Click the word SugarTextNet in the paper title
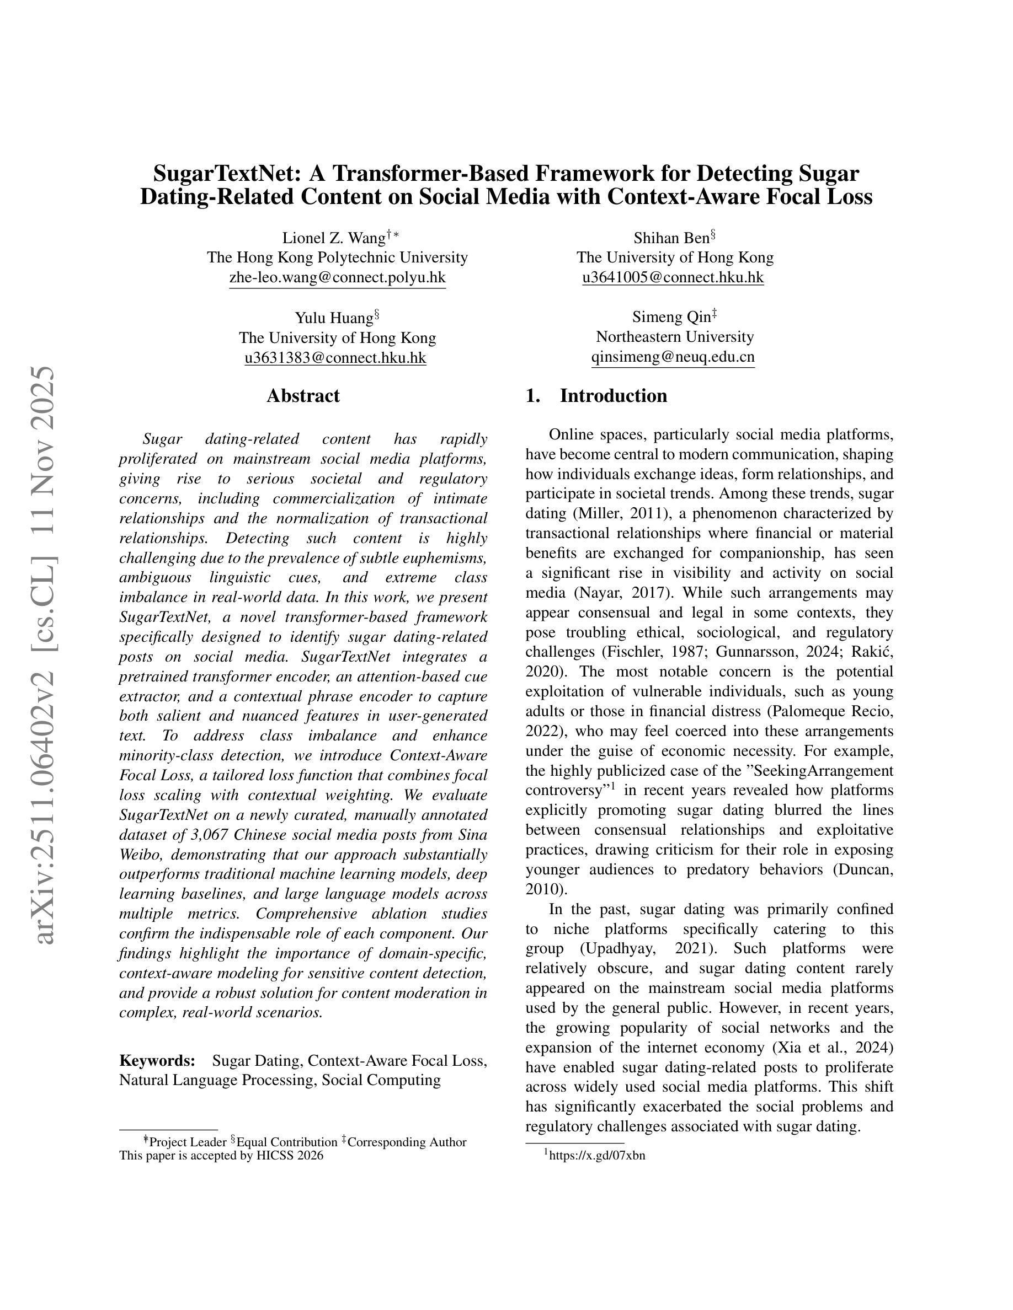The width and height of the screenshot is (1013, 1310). click(228, 173)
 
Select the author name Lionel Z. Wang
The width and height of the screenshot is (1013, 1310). click(334, 238)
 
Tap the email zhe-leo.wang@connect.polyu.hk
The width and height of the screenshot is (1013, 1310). click(337, 277)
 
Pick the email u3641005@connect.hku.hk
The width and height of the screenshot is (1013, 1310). click(673, 277)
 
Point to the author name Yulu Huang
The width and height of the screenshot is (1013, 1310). click(333, 318)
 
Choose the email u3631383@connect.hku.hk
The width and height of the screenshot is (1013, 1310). click(335, 357)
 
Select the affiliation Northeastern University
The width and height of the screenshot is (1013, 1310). click(675, 336)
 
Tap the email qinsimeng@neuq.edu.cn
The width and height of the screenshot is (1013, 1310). click(673, 357)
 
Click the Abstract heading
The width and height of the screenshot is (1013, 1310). click(303, 396)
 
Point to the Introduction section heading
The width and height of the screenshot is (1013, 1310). click(613, 396)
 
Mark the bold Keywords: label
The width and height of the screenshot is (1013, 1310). click(157, 1060)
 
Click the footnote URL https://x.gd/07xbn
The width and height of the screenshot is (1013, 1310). click(596, 1155)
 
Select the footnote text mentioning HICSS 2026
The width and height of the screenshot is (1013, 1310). click(221, 1155)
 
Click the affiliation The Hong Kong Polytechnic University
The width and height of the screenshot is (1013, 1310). click(337, 257)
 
